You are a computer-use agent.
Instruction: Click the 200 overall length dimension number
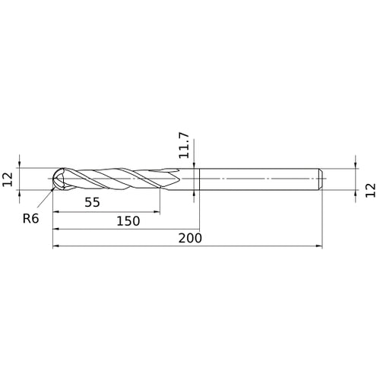tap(189, 238)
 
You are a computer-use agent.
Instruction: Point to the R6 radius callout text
tap(31, 218)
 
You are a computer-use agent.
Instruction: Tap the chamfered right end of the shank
tap(322, 179)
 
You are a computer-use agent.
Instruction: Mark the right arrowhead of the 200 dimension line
tap(320, 246)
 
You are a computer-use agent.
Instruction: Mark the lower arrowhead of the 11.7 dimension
tap(196, 195)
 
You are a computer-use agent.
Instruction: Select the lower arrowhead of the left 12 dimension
tap(21, 195)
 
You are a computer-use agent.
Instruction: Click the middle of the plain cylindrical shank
tap(258, 179)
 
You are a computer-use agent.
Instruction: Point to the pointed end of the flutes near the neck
tap(181, 179)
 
